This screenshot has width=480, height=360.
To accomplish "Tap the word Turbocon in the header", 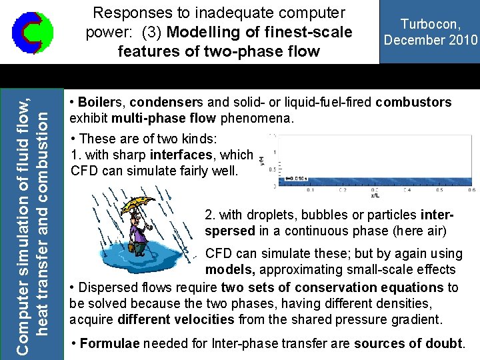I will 429,25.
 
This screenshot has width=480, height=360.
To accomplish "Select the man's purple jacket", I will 140,231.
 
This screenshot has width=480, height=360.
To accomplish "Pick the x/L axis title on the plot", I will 375,195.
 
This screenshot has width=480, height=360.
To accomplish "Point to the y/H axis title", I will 263,161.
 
